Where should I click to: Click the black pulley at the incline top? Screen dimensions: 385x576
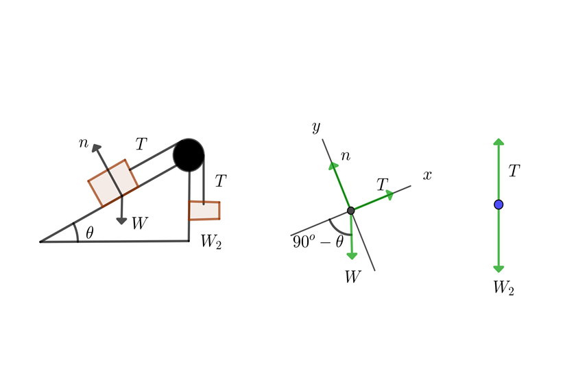coord(189,155)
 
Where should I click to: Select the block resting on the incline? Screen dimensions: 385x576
coord(113,183)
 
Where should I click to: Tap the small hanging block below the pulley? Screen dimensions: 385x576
coord(204,210)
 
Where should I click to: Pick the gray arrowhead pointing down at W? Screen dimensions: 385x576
coord(121,220)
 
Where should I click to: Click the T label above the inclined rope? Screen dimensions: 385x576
coord(141,144)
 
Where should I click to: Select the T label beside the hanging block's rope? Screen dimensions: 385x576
coord(220,181)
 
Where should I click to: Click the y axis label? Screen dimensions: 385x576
coord(316,128)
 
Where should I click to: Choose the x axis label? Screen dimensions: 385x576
coord(427,175)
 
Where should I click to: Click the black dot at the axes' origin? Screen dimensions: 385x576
coord(350,210)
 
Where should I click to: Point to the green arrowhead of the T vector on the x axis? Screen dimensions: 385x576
coord(389,195)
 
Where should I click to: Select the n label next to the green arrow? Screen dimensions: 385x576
coord(346,156)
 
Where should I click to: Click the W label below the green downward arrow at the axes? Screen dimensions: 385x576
coord(352,276)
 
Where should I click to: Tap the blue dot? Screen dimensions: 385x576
coord(499,205)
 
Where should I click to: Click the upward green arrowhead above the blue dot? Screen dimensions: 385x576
coord(499,141)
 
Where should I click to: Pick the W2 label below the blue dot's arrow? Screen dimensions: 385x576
coord(503,288)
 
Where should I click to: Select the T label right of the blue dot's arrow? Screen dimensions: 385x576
coord(514,172)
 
